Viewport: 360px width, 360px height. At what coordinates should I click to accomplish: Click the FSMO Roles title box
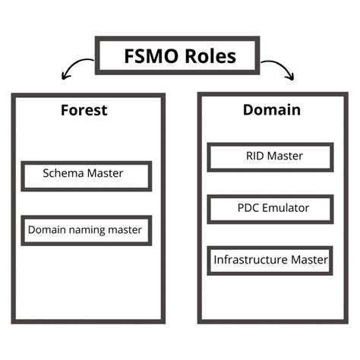point(180,56)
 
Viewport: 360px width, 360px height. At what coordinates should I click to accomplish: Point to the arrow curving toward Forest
point(75,68)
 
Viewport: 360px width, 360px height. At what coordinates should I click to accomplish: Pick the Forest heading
point(84,110)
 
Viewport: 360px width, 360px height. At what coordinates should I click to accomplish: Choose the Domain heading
point(271,110)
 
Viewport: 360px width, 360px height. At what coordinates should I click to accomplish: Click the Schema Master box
point(86,175)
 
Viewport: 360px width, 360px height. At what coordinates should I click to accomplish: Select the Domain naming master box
point(86,229)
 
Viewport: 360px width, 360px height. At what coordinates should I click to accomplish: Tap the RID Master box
point(270,157)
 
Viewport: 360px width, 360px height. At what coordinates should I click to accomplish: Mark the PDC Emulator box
point(270,208)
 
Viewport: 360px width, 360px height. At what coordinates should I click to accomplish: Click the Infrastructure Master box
point(270,260)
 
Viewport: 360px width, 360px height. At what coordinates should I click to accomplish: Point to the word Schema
point(63,174)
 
